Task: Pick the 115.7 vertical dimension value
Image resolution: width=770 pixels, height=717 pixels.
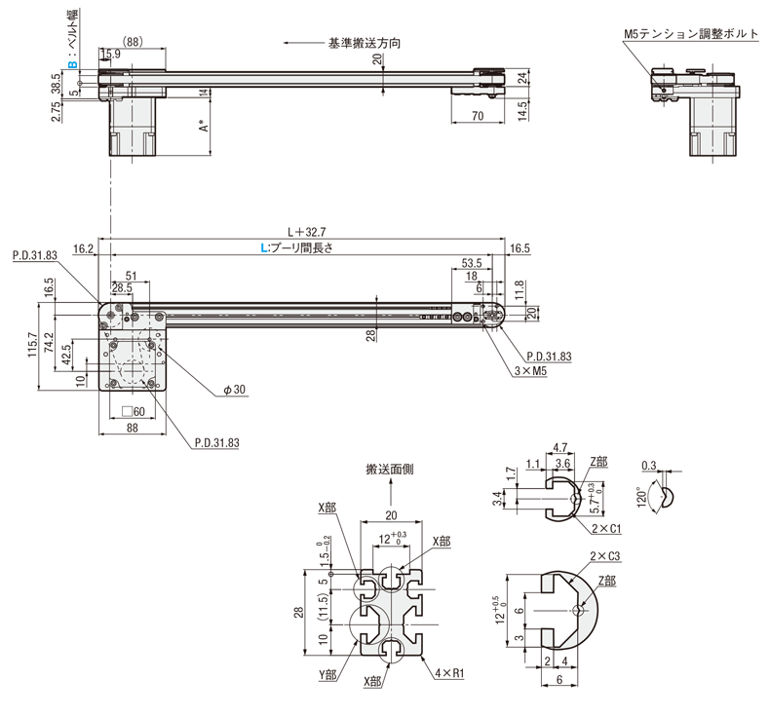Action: point(34,344)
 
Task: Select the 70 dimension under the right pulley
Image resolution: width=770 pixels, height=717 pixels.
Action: point(477,116)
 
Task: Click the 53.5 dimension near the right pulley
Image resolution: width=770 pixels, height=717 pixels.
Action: point(472,263)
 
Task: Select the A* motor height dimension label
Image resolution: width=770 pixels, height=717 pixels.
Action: point(204,127)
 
